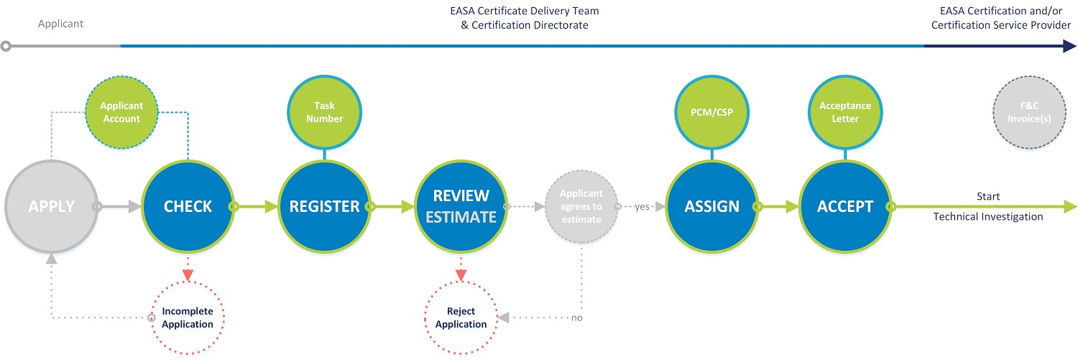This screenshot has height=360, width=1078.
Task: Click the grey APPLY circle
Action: pyautogui.click(x=52, y=206)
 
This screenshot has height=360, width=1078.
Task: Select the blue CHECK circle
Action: pyautogui.click(x=188, y=206)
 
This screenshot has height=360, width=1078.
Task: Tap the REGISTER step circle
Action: pyautogui.click(x=324, y=206)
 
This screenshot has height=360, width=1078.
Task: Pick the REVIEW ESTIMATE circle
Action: pyautogui.click(x=461, y=206)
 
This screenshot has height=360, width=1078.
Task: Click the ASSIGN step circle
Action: pyautogui.click(x=711, y=206)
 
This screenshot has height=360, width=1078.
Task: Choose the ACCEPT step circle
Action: pyautogui.click(x=845, y=206)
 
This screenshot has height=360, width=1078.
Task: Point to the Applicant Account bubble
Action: pyautogui.click(x=121, y=112)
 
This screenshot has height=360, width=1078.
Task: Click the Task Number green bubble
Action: pyautogui.click(x=324, y=112)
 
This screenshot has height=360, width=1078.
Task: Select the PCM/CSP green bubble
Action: pyautogui.click(x=711, y=112)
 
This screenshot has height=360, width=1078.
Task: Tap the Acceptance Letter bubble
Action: pyautogui.click(x=845, y=112)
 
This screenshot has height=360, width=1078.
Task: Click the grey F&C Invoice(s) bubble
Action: pyautogui.click(x=1029, y=112)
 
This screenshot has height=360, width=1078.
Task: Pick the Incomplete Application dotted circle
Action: pyautogui.click(x=188, y=318)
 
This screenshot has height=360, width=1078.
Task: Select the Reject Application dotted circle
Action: pyautogui.click(x=461, y=318)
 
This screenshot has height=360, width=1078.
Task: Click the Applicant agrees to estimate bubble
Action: pyautogui.click(x=581, y=206)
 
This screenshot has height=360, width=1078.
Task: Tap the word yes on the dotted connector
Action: pyautogui.click(x=642, y=206)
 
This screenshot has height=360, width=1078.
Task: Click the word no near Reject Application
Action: pyautogui.click(x=577, y=318)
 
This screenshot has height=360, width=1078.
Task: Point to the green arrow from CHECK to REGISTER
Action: pyautogui.click(x=255, y=206)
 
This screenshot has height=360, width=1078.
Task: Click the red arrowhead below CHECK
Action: pyautogui.click(x=188, y=275)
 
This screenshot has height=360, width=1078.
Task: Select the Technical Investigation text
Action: pyautogui.click(x=988, y=216)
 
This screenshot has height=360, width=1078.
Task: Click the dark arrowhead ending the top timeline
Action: pyautogui.click(x=1069, y=46)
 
